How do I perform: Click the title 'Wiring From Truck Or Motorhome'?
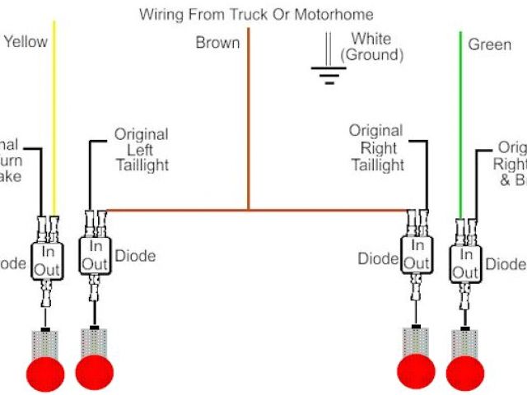click(x=256, y=15)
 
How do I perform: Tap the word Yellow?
click(x=26, y=42)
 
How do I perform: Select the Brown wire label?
click(x=217, y=43)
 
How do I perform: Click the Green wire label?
click(x=490, y=44)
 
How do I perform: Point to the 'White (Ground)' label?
click(x=371, y=47)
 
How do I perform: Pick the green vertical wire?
click(x=460, y=123)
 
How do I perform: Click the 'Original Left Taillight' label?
click(x=141, y=149)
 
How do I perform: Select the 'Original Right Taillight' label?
click(x=376, y=148)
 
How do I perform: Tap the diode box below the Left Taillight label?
click(x=96, y=255)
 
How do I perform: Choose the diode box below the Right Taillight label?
click(x=417, y=254)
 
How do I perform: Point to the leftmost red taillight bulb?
click(x=45, y=373)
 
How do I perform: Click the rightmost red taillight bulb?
click(x=465, y=373)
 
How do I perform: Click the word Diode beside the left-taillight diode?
click(x=136, y=256)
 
